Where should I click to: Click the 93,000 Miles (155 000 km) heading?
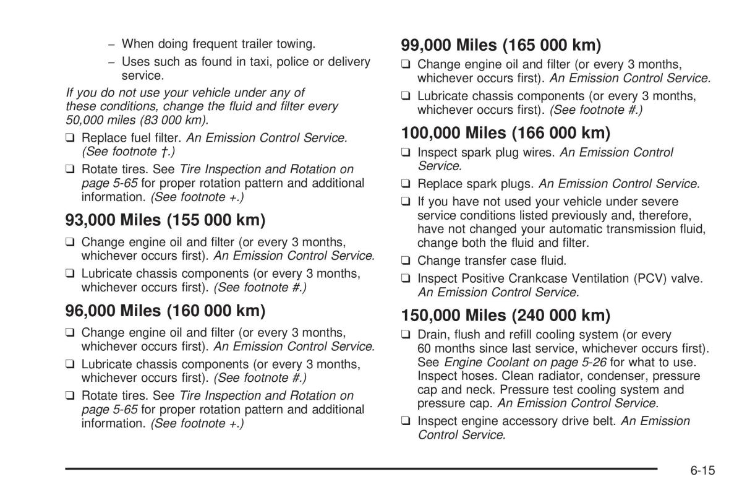tap(165, 220)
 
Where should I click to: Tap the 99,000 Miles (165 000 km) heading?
tap(501, 45)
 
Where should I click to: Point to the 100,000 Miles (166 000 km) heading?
tap(506, 132)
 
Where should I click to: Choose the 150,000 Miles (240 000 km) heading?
tap(506, 315)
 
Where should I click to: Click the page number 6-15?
tap(702, 470)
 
